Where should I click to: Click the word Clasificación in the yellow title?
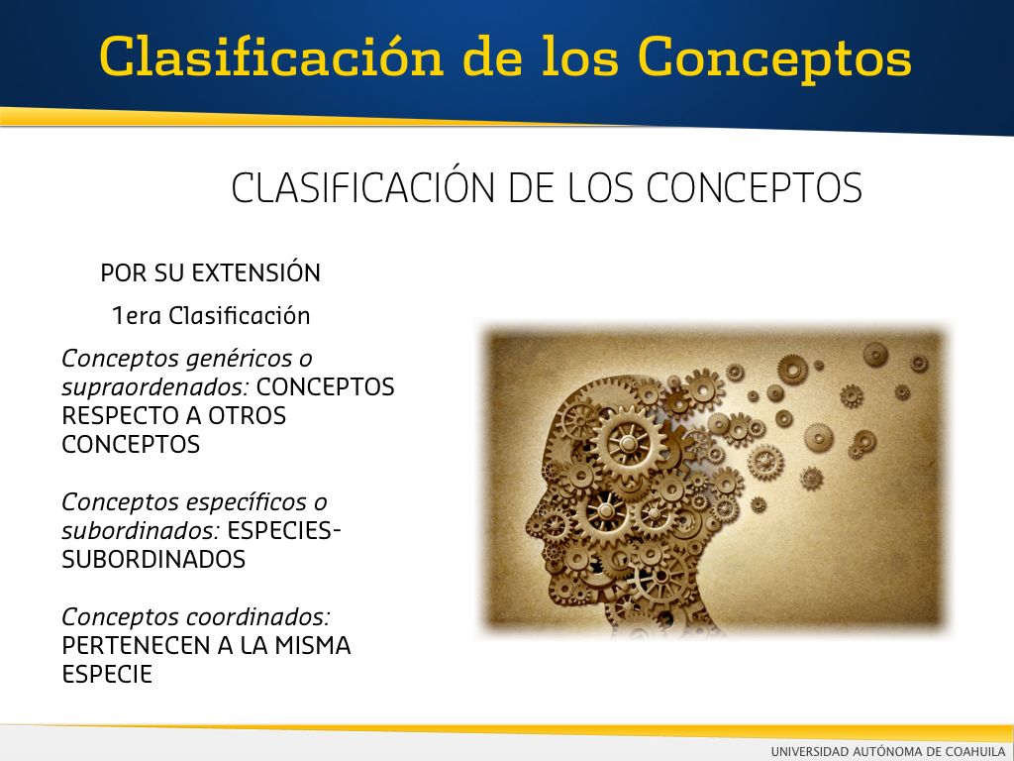[271, 56]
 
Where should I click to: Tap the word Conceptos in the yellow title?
[774, 59]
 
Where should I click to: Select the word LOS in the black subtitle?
[601, 187]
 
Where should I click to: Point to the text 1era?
[137, 316]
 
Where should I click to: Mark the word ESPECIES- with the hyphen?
[284, 531]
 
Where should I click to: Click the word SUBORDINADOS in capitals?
[153, 559]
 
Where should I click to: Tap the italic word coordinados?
[258, 616]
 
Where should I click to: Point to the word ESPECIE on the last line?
[107, 674]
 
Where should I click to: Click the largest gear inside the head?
[628, 443]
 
